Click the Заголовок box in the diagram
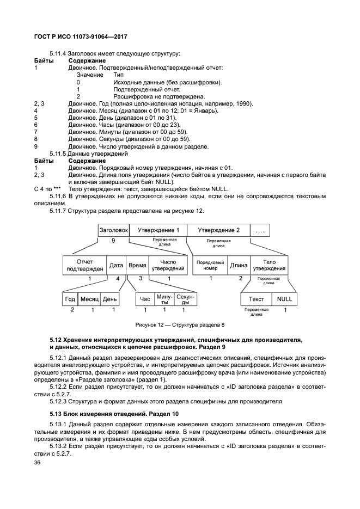113,230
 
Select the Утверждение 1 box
158,230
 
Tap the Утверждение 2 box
218,230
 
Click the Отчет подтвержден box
84,265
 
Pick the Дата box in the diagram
116,265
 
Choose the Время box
137,265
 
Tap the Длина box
239,265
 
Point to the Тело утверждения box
269,265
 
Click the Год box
70,299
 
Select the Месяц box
89,299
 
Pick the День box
109,299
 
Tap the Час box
145,299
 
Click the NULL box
284,299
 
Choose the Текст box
256,299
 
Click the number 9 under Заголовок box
113,240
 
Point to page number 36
38,462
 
